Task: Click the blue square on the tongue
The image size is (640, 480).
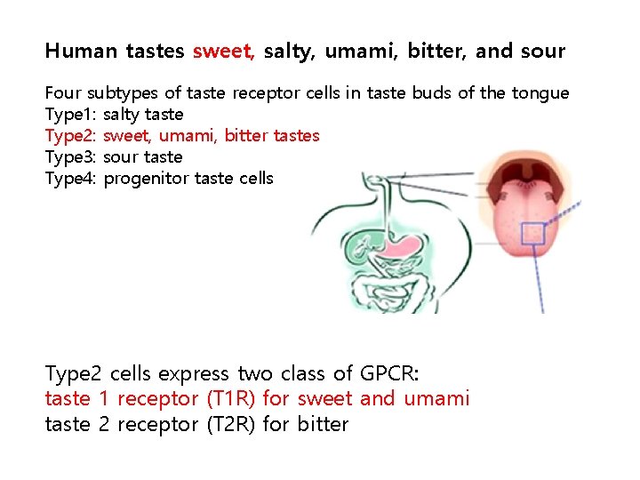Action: (532, 233)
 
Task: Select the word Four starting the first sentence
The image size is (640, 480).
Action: (62, 93)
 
